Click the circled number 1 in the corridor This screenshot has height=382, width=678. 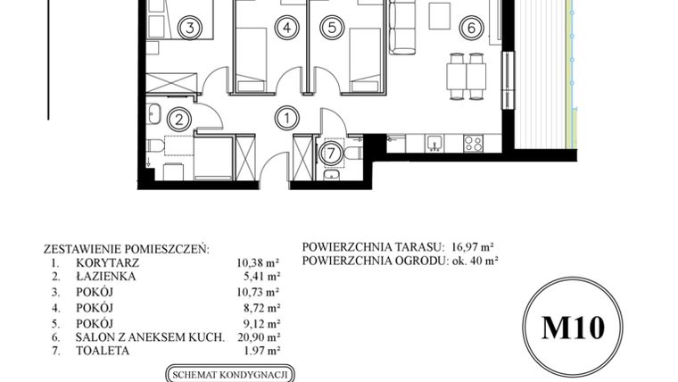pyautogui.click(x=286, y=116)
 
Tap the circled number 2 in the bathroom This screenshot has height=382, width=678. pyautogui.click(x=179, y=118)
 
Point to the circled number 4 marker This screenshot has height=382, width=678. pyautogui.click(x=285, y=28)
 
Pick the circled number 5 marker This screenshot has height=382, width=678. pyautogui.click(x=331, y=28)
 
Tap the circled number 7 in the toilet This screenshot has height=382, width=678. pyautogui.click(x=331, y=152)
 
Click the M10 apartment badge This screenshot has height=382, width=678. pyautogui.click(x=573, y=328)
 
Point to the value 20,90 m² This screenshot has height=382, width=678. pyautogui.click(x=259, y=336)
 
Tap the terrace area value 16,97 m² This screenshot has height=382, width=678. pyautogui.click(x=472, y=247)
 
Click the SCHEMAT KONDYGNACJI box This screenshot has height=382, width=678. pyautogui.click(x=230, y=374)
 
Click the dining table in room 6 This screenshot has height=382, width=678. pyautogui.click(x=467, y=76)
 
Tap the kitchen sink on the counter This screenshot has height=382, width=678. pyautogui.click(x=434, y=142)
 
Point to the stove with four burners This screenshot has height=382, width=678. pyautogui.click(x=472, y=142)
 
